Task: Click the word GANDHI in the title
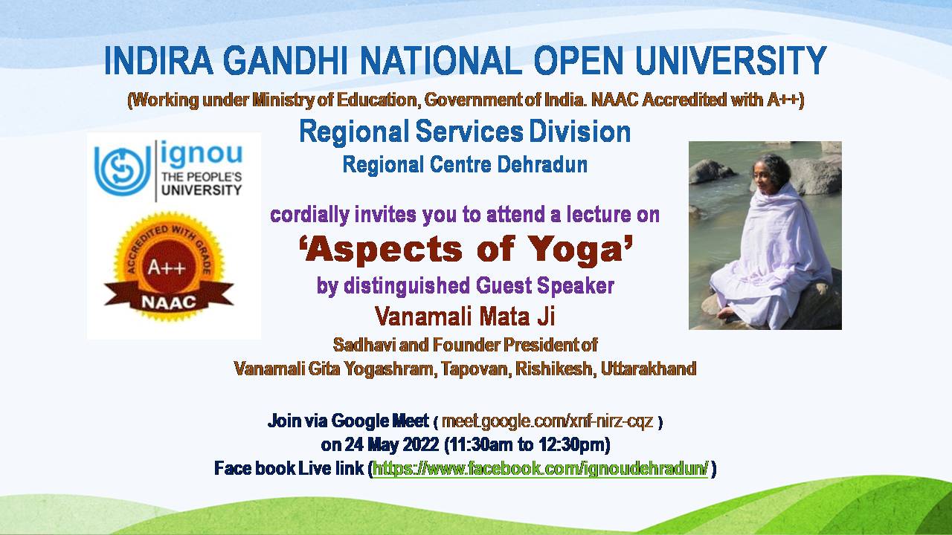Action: pos(285,61)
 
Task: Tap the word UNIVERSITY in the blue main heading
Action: pos(731,61)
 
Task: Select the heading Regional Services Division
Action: pos(465,132)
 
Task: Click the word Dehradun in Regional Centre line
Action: pos(542,164)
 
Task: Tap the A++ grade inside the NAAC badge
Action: pos(167,268)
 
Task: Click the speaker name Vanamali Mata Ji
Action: pos(465,317)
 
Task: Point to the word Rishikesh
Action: pos(553,369)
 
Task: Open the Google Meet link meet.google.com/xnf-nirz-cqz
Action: pos(547,421)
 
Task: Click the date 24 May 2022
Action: pos(391,445)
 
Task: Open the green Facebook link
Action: pos(541,469)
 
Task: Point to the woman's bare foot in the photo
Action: pos(726,313)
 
